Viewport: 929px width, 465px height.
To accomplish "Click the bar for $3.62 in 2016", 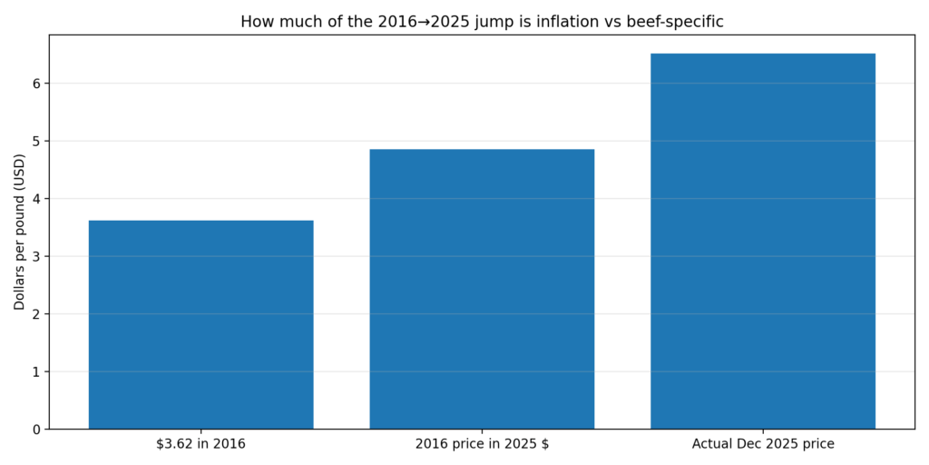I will [x=200, y=324].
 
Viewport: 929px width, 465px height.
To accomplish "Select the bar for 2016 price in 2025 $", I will [x=482, y=289].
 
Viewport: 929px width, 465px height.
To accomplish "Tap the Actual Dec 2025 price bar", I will [x=762, y=241].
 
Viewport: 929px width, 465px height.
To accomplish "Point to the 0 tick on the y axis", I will [x=35, y=430].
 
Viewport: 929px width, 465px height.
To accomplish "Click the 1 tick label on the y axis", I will [x=35, y=371].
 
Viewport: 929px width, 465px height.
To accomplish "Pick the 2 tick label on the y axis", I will [x=35, y=314].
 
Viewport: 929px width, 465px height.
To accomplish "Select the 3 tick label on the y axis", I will [x=35, y=256].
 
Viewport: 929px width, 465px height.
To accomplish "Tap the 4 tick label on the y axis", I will [x=35, y=199].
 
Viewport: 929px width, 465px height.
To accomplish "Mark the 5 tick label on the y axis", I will [x=35, y=141].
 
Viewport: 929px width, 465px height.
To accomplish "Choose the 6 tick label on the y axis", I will [x=35, y=84].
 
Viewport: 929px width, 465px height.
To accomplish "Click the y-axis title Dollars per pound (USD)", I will [x=19, y=232].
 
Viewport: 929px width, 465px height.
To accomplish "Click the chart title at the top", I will [x=482, y=22].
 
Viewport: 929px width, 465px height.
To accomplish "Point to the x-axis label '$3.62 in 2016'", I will [x=200, y=444].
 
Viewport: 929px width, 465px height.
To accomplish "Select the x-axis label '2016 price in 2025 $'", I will [x=482, y=444].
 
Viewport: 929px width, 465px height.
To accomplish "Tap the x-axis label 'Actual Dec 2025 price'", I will [x=762, y=444].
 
